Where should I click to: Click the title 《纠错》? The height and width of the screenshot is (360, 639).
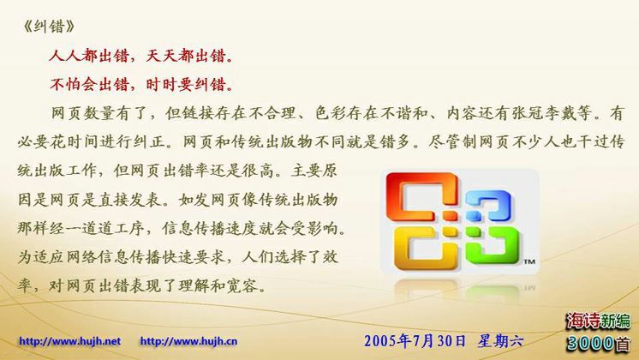49,27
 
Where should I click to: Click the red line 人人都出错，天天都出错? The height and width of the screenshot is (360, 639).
142,56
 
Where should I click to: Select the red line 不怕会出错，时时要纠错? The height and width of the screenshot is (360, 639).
142,84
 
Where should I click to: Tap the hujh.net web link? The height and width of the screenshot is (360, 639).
69,341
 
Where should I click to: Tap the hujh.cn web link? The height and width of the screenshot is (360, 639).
188,341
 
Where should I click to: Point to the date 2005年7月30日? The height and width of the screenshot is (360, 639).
415,340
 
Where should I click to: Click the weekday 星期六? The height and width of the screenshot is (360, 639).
500,340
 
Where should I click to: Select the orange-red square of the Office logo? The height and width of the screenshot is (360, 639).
421,196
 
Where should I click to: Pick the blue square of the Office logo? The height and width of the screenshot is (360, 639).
487,205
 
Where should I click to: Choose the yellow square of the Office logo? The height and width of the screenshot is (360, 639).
425,247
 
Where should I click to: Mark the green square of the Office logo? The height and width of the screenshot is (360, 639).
493,244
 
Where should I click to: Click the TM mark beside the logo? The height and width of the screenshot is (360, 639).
529,261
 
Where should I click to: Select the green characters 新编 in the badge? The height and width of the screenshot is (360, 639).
614,321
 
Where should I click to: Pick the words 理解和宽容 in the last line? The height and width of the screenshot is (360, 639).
218,285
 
